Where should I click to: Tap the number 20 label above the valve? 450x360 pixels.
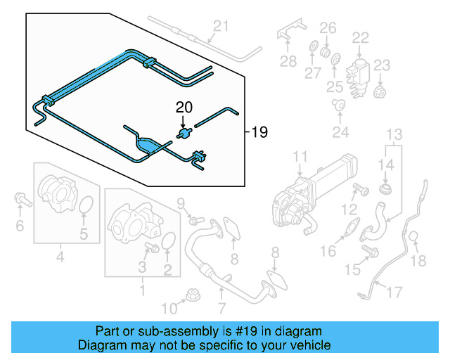coord(183,108)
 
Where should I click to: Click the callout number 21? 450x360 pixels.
coord(221,27)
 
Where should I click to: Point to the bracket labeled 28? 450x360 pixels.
coord(289,34)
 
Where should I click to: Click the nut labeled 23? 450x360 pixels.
coord(380,92)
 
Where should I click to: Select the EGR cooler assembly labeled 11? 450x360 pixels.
coord(309,193)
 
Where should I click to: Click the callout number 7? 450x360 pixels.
coord(221,307)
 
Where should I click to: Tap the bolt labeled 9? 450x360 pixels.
coord(195,221)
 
